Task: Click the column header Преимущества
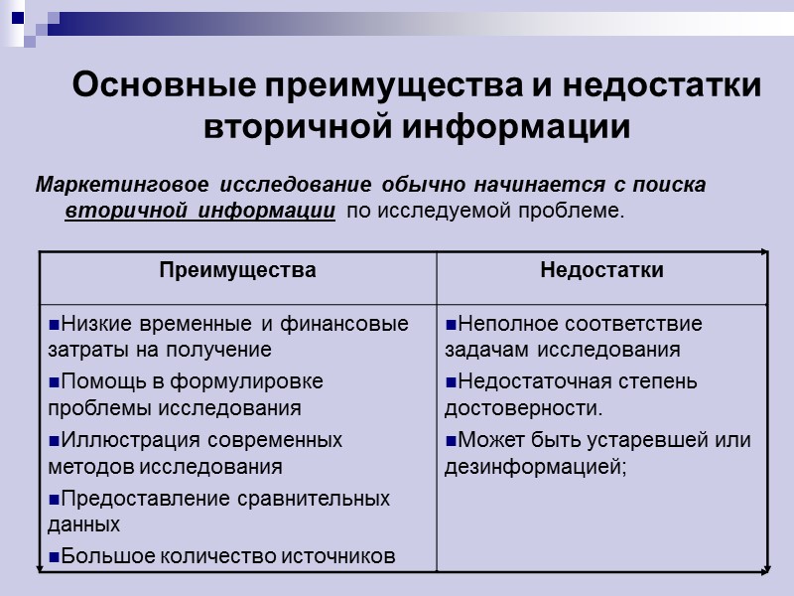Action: point(237,270)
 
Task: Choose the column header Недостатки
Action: point(601,270)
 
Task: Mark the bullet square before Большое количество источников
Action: point(54,556)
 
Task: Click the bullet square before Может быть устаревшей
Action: point(451,440)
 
